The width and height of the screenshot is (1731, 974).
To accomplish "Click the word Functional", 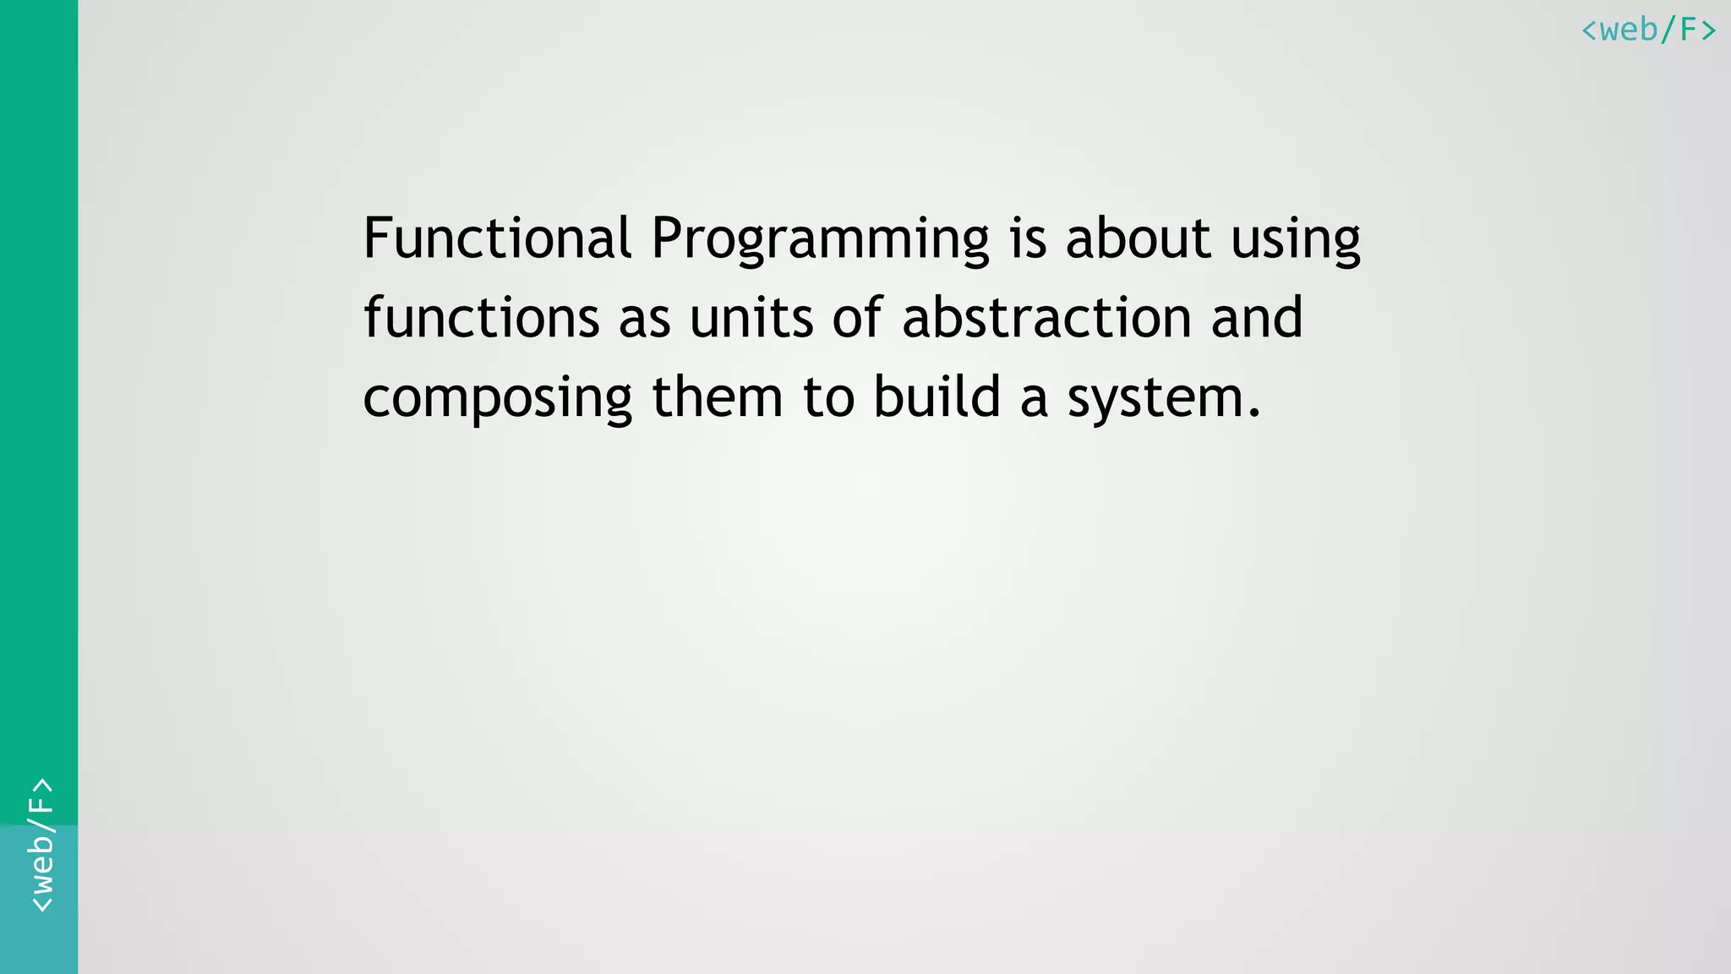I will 497,238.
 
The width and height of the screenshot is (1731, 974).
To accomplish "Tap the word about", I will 1138,238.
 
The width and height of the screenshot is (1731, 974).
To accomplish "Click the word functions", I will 481,318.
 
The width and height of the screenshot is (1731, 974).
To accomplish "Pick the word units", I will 751,318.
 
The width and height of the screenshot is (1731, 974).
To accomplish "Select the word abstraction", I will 1046,318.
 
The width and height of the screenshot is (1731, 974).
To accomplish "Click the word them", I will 717,397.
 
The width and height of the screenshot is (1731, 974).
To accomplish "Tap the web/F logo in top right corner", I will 1648,30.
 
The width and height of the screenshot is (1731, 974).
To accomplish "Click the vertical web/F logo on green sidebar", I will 41,845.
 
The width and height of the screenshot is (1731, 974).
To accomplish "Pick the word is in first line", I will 1028,238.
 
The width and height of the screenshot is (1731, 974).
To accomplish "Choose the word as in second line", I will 644,320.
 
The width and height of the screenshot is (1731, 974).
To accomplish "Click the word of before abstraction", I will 857,318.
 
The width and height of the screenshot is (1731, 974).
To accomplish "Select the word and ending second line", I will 1256,318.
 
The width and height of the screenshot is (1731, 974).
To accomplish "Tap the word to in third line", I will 828,397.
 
